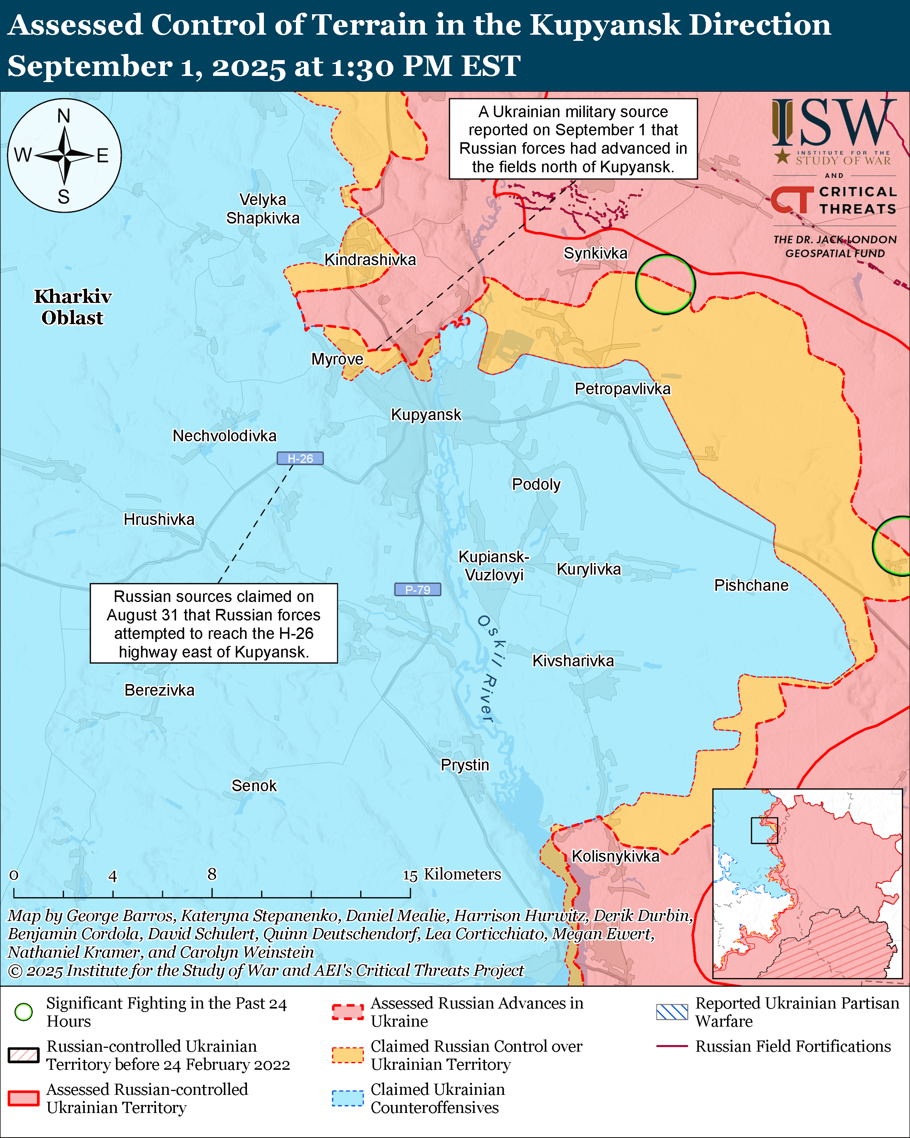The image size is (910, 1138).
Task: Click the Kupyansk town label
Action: (426, 415)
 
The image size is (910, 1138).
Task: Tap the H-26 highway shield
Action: (300, 459)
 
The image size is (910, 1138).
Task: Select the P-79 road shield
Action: (417, 590)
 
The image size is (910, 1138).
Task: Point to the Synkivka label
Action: (596, 253)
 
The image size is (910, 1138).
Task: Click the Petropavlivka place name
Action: (623, 389)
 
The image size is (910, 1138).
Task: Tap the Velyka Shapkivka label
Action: (263, 209)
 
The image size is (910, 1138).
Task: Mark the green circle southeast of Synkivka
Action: (665, 284)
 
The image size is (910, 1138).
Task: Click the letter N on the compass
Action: (64, 116)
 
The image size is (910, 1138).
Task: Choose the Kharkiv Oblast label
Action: (73, 307)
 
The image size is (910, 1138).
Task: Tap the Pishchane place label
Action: (751, 585)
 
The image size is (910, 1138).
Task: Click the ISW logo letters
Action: (833, 124)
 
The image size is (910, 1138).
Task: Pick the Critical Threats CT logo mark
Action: (792, 200)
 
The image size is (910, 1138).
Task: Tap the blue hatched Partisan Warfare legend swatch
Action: (672, 1012)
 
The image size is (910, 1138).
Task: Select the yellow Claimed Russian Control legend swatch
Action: (348, 1055)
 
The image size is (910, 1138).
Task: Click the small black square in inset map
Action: (764, 830)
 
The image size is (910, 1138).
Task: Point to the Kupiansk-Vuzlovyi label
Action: (494, 566)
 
